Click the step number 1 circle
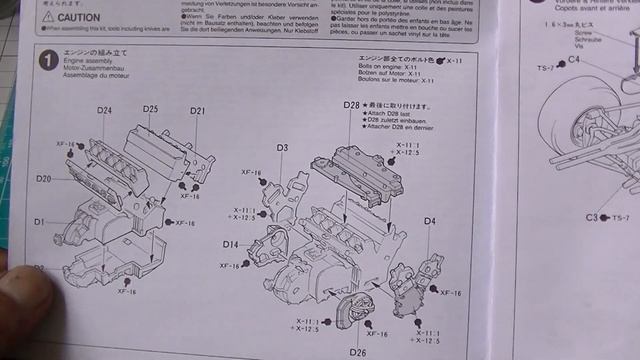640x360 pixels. tap(45, 63)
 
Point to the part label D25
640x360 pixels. tap(150, 108)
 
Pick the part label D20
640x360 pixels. tap(43, 178)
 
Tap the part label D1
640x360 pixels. tap(39, 221)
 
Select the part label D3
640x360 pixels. tap(283, 148)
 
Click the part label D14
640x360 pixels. tap(230, 244)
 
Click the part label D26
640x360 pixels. tap(358, 351)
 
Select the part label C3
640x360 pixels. tap(592, 217)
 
